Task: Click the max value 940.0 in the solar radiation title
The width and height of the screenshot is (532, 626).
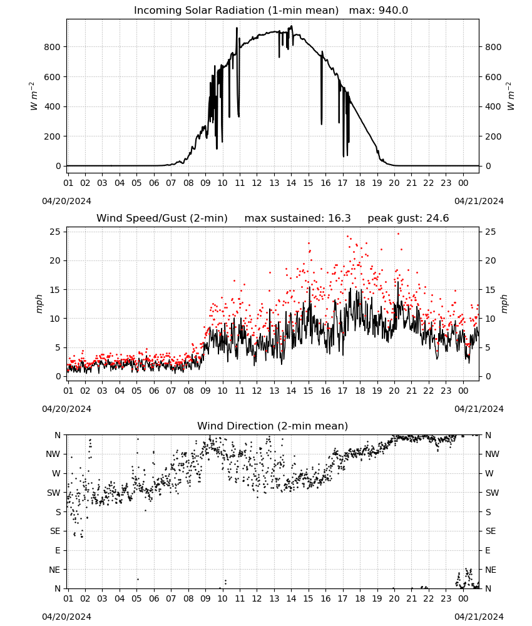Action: pos(393,11)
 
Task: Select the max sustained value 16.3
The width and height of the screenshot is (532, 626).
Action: pos(339,218)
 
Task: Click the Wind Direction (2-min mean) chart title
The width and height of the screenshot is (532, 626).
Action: pos(273,426)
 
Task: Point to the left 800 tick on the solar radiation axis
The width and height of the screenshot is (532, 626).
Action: pos(53,47)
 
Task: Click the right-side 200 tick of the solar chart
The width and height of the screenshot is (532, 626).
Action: pos(493,136)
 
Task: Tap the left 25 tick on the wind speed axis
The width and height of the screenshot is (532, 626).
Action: pos(55,232)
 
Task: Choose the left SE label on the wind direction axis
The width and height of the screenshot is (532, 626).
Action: pos(55,531)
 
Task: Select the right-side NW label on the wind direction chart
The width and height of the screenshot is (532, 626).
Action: pos(492,454)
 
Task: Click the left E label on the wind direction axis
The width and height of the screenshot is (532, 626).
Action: pos(58,550)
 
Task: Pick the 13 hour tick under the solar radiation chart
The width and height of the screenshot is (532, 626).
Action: pos(274,183)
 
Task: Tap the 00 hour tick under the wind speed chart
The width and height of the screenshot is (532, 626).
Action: pos(463,391)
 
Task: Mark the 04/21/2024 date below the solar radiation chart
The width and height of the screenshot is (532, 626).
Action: pos(479,201)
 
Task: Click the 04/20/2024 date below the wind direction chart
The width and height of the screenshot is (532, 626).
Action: pos(66,617)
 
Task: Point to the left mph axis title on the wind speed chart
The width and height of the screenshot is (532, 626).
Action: pos(39,304)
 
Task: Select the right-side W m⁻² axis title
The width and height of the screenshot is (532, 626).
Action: pos(511,96)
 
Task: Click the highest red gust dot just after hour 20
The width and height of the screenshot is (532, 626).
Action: pos(398,234)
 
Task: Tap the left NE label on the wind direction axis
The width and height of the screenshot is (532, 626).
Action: pos(54,570)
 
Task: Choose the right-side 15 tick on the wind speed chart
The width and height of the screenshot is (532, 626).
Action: pos(491,290)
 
